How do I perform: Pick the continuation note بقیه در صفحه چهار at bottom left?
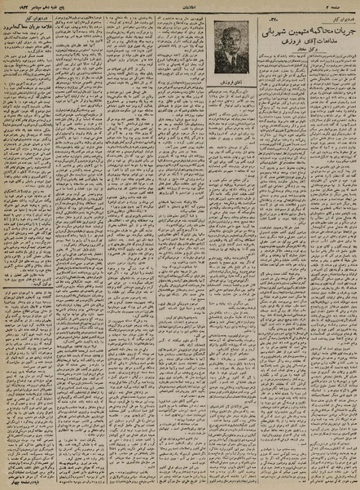point(33,482)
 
